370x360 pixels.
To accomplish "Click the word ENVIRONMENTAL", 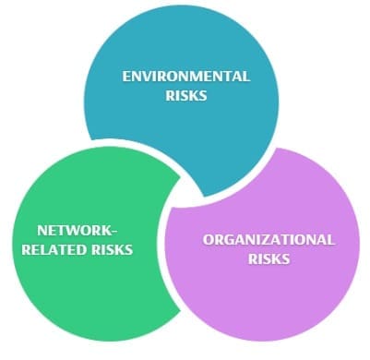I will tap(185, 77).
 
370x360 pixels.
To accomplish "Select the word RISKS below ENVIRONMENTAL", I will tap(186, 96).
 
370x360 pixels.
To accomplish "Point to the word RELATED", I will tap(64, 249).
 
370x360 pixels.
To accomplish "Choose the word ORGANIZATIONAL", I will tap(269, 239).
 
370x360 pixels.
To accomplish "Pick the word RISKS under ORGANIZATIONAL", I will tap(269, 258).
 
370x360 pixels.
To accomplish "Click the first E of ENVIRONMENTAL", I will tap(126, 77).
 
